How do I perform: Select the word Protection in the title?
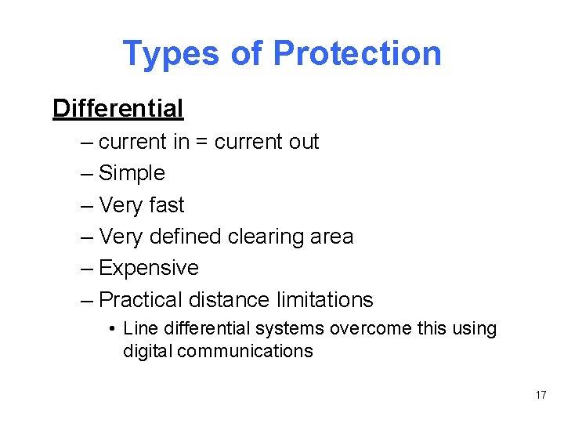(356, 54)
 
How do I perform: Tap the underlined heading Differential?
(117, 108)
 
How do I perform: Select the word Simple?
(132, 173)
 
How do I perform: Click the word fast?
(166, 205)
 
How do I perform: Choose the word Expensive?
(149, 268)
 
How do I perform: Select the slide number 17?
(541, 395)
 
